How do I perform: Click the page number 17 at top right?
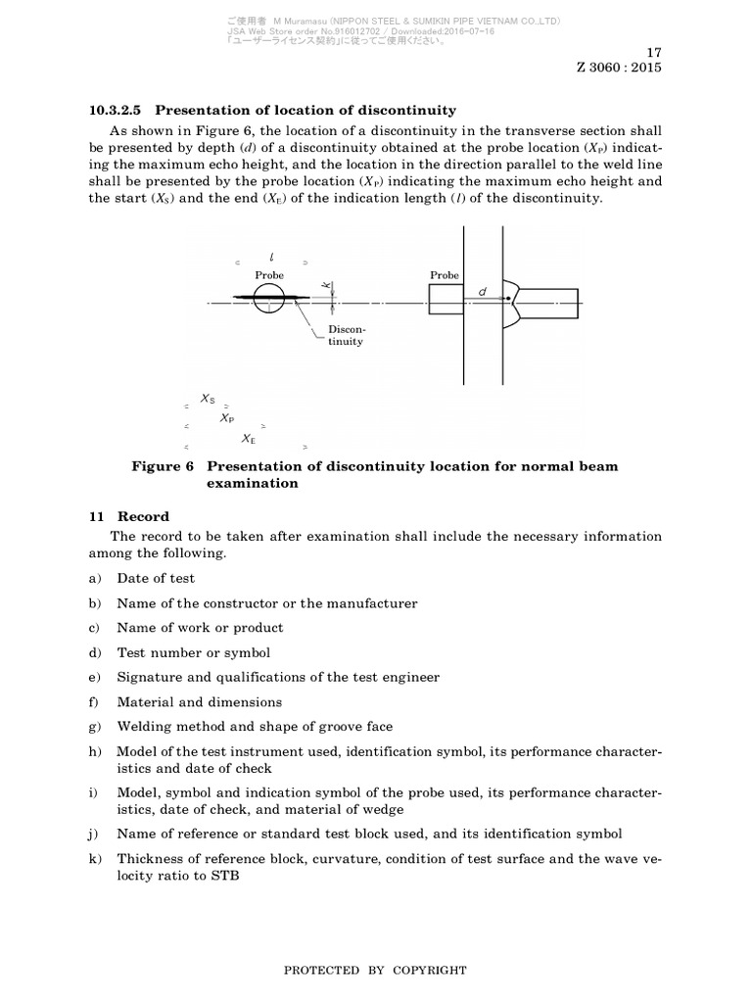pyautogui.click(x=654, y=52)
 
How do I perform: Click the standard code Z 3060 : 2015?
pyautogui.click(x=620, y=69)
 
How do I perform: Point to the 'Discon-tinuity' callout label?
pyautogui.click(x=346, y=336)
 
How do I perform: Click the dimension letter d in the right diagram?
pyautogui.click(x=482, y=291)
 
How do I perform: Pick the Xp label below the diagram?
pyautogui.click(x=227, y=418)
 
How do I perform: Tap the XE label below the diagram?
pyautogui.click(x=249, y=440)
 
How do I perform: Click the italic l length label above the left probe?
pyautogui.click(x=270, y=257)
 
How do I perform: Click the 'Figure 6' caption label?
pyautogui.click(x=163, y=466)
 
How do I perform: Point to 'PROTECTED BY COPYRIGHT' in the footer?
pyautogui.click(x=375, y=970)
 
